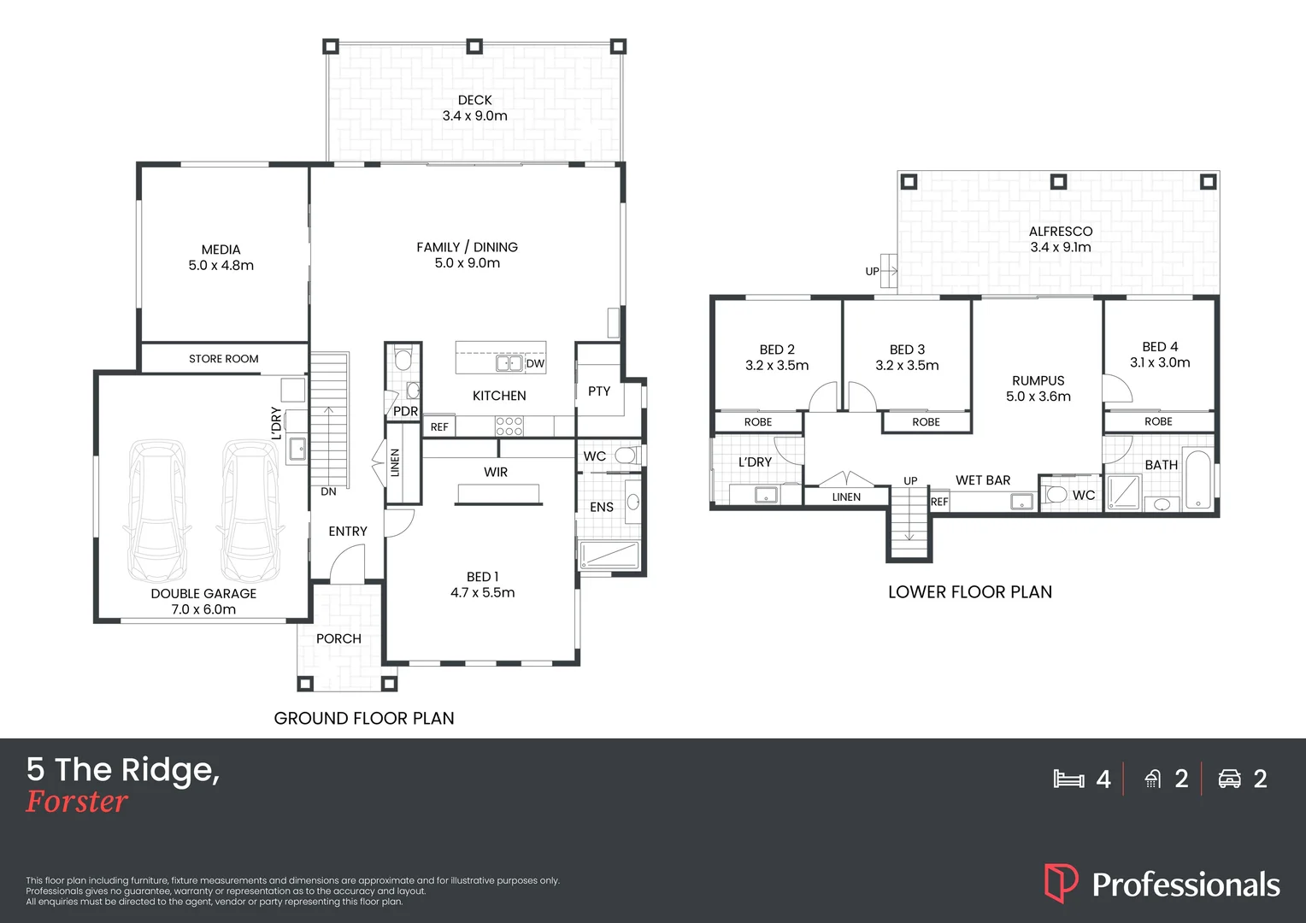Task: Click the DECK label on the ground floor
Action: (474, 100)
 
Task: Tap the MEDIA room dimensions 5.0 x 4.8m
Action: (221, 265)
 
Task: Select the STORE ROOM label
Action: (223, 359)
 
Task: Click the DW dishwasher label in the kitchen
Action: (535, 364)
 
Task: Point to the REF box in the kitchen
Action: (439, 426)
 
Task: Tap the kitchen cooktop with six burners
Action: (509, 426)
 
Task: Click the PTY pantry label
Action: (599, 391)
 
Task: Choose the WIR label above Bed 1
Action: (496, 472)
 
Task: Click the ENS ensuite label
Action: (601, 508)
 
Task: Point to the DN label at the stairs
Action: (328, 491)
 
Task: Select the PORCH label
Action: (338, 638)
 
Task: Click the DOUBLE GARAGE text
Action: (203, 594)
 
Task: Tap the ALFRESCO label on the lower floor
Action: (1061, 232)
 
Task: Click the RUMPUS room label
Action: (1038, 381)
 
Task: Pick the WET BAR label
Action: (983, 480)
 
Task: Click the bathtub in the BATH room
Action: (1198, 479)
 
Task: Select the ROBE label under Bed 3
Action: (926, 422)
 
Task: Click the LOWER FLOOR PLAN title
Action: (970, 591)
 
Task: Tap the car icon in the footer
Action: (1229, 779)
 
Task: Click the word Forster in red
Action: (76, 801)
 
